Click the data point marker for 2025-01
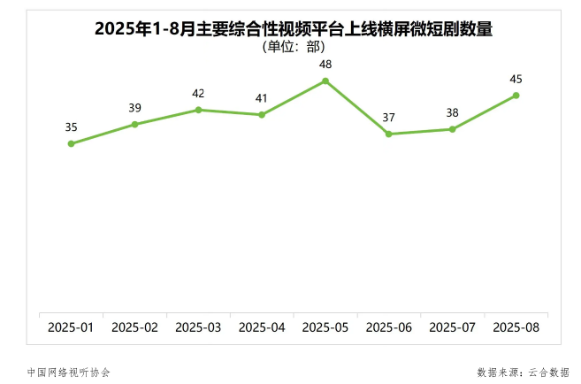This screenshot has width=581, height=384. pos(72,143)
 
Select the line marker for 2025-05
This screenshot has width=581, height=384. pos(325,81)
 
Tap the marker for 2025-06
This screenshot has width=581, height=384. pos(389,134)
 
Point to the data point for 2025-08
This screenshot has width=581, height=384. pos(516,96)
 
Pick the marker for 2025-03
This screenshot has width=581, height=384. pos(198,110)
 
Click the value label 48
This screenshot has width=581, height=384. pos(325,64)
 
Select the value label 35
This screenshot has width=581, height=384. pos(72,127)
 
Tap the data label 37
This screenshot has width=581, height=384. pos(389,117)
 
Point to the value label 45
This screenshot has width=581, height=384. pos(516,79)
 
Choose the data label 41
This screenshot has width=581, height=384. pos(262,98)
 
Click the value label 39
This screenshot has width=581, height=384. pos(135,108)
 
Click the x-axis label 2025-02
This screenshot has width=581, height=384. pos(135,327)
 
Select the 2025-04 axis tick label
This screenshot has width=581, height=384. pos(262,327)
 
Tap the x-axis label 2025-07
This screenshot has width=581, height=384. pos(453,327)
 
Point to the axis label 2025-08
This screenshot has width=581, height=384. pos(516,327)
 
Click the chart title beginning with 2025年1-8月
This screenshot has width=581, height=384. pos(294,28)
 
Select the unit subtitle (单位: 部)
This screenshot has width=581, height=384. pos(294,46)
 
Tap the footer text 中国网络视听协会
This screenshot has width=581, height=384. pos(69,372)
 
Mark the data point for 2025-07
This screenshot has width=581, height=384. pos(453,129)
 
